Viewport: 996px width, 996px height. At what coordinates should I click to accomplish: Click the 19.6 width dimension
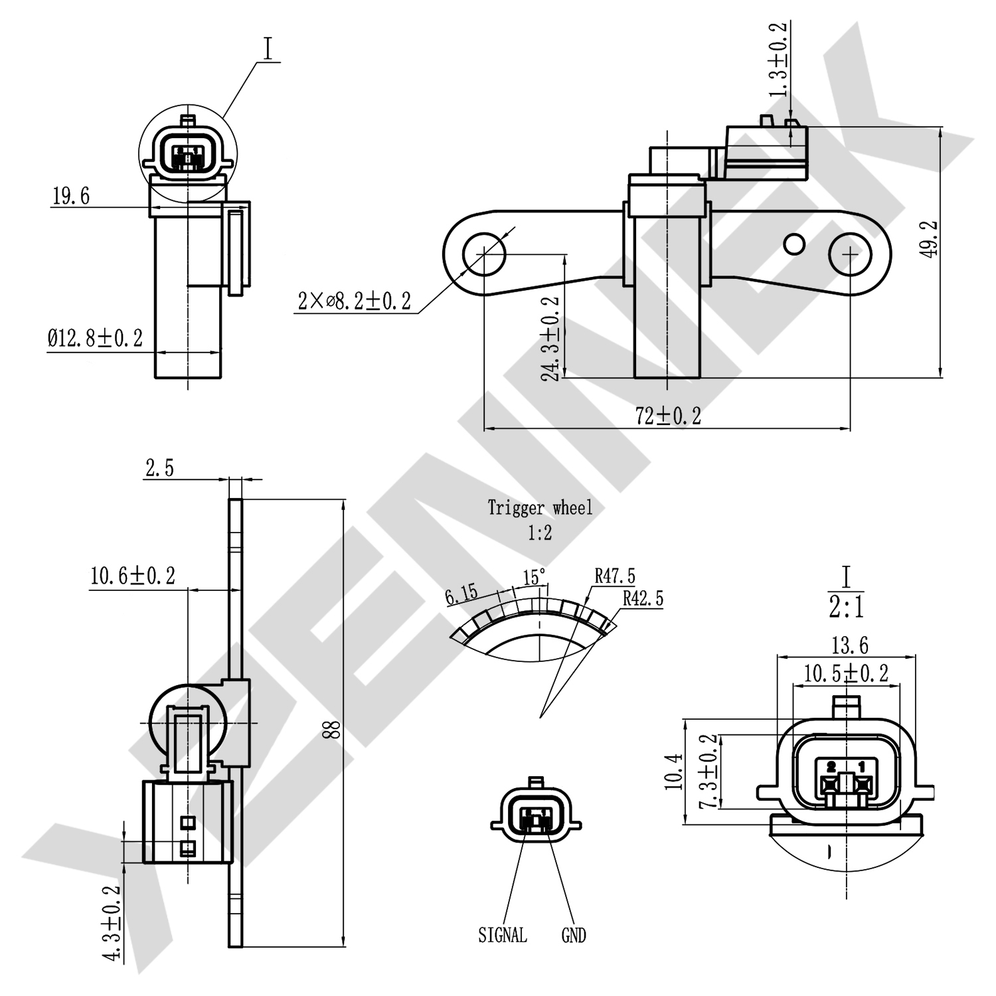(71, 197)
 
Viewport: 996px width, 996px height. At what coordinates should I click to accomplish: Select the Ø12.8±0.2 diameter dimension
(95, 339)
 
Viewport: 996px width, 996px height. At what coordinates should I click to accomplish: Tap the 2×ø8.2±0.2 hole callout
(354, 301)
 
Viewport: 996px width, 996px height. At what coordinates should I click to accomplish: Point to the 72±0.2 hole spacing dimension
(667, 416)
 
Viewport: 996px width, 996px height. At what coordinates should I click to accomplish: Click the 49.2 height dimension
(930, 240)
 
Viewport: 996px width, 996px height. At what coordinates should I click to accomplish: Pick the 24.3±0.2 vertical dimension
(550, 339)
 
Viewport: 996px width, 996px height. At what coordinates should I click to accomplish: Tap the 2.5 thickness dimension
(159, 468)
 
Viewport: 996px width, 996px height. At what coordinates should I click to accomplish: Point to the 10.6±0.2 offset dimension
(133, 576)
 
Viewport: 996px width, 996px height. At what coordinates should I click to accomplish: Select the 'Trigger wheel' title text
(540, 508)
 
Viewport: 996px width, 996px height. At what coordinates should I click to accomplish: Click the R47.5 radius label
(614, 576)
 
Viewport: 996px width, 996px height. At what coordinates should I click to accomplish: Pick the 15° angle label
(534, 577)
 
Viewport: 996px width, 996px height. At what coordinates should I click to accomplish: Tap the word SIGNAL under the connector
(503, 936)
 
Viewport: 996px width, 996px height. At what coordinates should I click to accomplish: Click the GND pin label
(574, 936)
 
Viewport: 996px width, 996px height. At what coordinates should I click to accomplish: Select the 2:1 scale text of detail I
(846, 607)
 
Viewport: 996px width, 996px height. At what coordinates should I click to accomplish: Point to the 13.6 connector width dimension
(849, 645)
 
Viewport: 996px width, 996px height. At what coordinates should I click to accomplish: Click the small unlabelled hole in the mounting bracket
(794, 244)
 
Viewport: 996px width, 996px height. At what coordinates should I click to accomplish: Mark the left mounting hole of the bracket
(484, 253)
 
